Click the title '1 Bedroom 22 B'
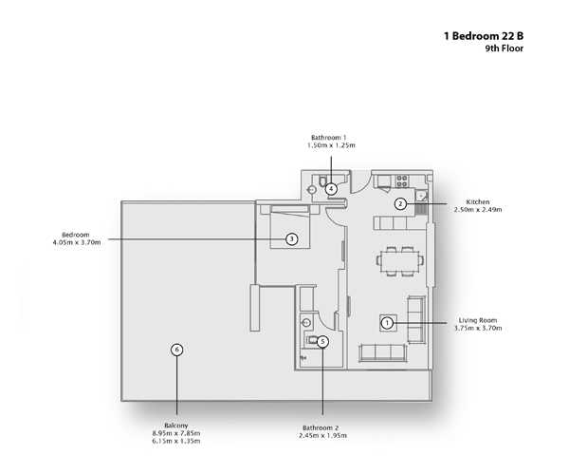pyautogui.click(x=484, y=36)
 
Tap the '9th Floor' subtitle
pyautogui.click(x=505, y=48)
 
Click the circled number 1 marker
pyautogui.click(x=388, y=323)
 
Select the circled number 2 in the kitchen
pyautogui.click(x=400, y=203)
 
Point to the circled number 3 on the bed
pyautogui.click(x=292, y=239)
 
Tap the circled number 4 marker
pyautogui.click(x=331, y=189)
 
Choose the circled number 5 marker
pyautogui.click(x=322, y=342)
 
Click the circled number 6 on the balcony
pyautogui.click(x=176, y=350)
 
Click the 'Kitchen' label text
pyautogui.click(x=478, y=201)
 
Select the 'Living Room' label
pyautogui.click(x=478, y=320)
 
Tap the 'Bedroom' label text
pyautogui.click(x=76, y=235)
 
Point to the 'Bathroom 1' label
pyautogui.click(x=329, y=138)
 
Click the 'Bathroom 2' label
pyautogui.click(x=321, y=427)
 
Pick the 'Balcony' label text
pyautogui.click(x=176, y=426)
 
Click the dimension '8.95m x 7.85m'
pyautogui.click(x=176, y=433)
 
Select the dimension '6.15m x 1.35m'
pyautogui.click(x=176, y=441)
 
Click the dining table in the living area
pyautogui.click(x=400, y=260)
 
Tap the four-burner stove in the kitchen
pyautogui.click(x=402, y=181)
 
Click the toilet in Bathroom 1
pyautogui.click(x=322, y=180)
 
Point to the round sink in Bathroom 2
pyautogui.click(x=306, y=322)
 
